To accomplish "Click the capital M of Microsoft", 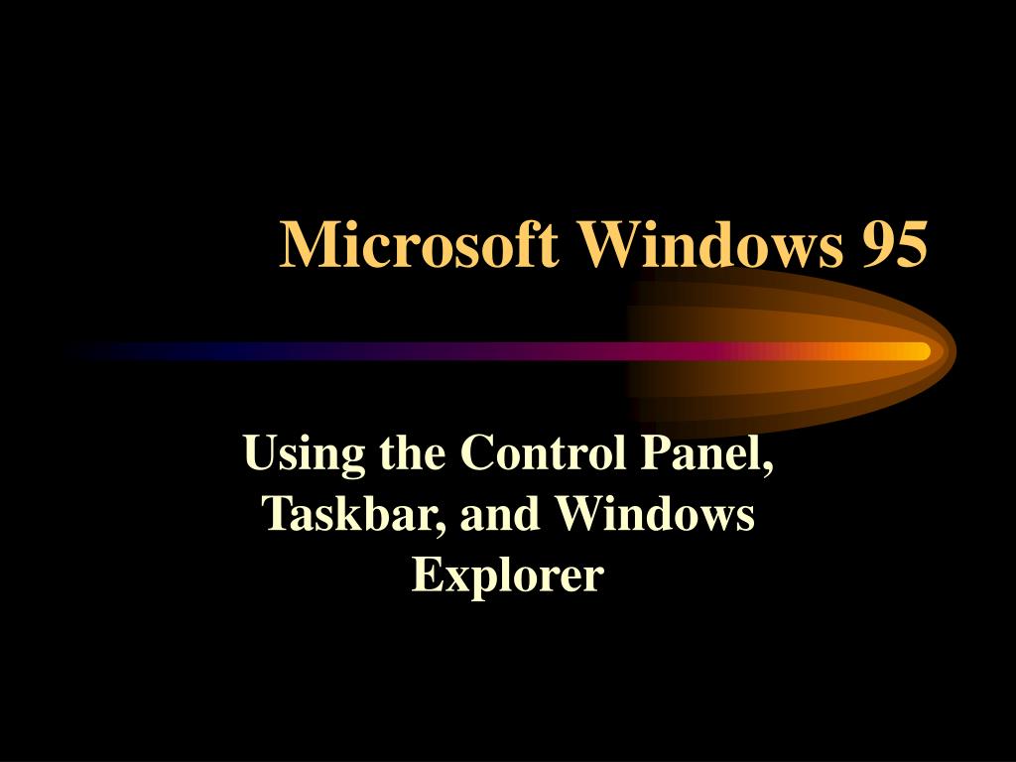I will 304,244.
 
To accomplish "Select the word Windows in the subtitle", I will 654,515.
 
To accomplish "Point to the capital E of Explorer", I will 426,574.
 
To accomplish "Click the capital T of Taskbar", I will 277,515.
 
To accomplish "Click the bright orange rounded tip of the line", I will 917,351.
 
